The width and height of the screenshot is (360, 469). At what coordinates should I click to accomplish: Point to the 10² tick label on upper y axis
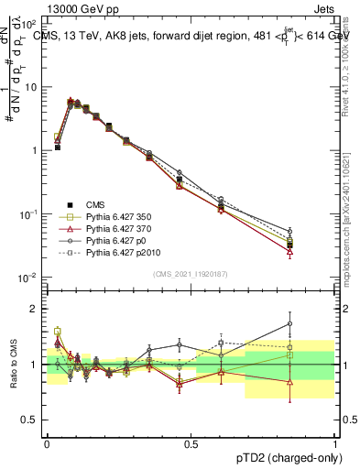click(27, 23)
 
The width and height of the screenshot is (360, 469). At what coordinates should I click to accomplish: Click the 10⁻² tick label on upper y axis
click(27, 278)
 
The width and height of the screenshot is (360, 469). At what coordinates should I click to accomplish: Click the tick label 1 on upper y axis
click(34, 150)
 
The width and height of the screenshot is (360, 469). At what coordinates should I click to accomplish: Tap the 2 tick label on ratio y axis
click(35, 309)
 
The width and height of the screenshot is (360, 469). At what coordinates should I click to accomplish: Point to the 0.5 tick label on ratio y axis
click(29, 420)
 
